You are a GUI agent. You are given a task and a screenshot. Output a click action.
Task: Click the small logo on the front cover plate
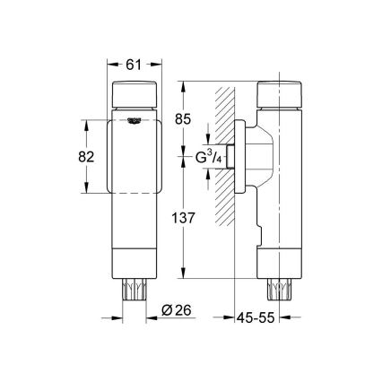(x=134, y=123)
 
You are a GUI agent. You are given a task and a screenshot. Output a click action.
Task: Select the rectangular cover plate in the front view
(x=134, y=157)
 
